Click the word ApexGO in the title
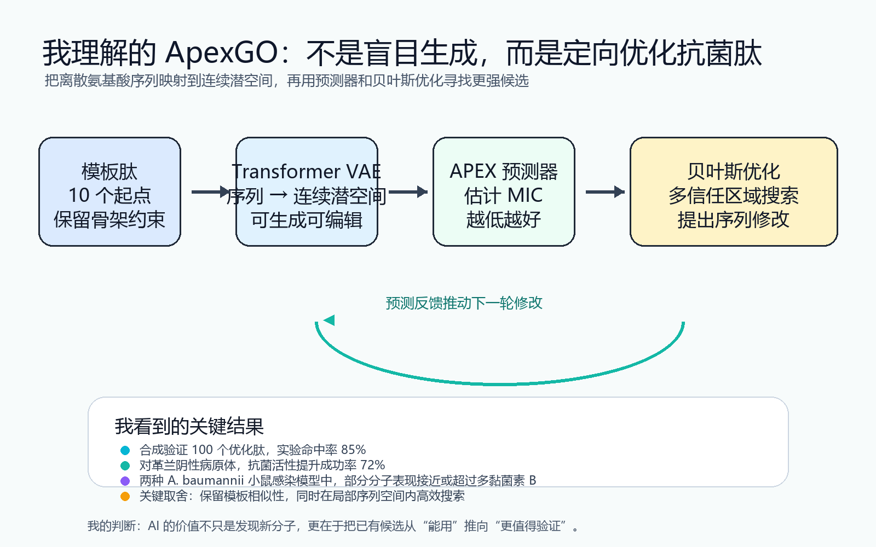point(221,53)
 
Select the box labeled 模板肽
point(109,191)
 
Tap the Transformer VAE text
point(306,172)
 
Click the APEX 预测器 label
point(504,172)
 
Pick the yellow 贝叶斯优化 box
point(734,191)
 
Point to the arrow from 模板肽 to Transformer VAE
point(211,192)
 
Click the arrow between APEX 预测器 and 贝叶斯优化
point(605,192)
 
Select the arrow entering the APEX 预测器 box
point(408,192)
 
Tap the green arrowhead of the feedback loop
point(329,320)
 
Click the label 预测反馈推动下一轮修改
point(464,303)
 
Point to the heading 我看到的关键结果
point(189,426)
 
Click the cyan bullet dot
point(125,451)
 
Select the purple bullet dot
point(125,481)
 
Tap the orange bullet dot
point(125,497)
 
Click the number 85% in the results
point(353,450)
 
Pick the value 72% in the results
point(372,465)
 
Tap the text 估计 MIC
point(504,195)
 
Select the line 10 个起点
point(109,195)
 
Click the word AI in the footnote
point(153,526)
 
